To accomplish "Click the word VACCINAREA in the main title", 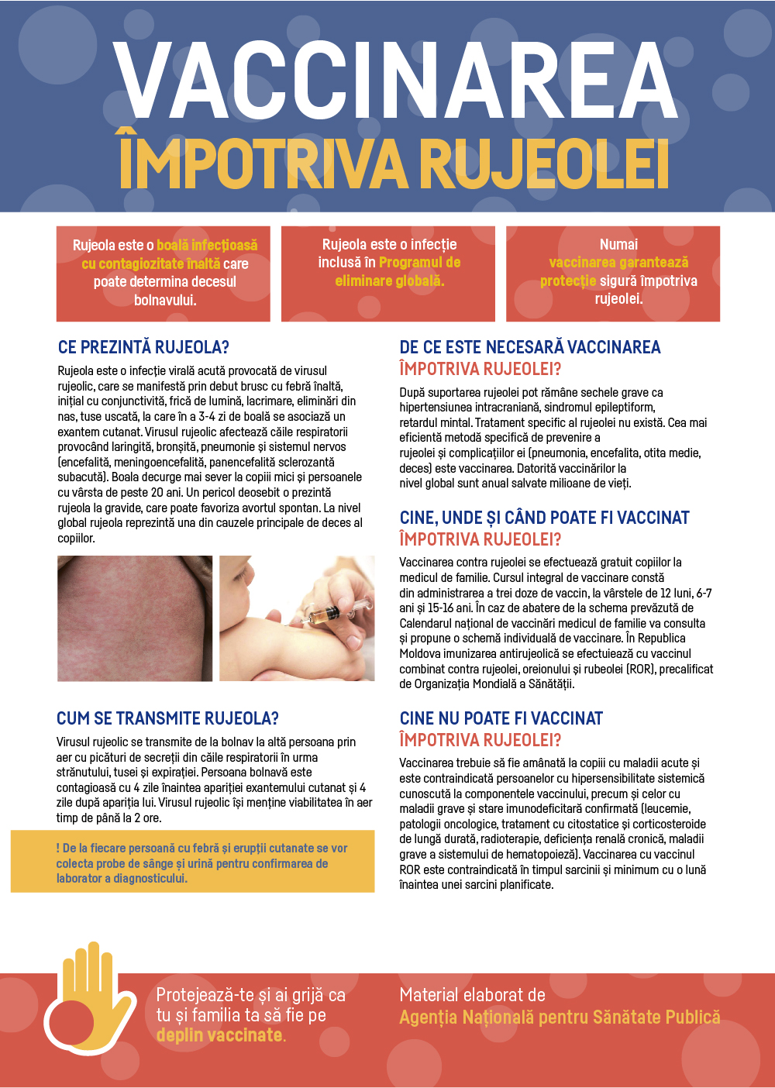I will tap(395, 81).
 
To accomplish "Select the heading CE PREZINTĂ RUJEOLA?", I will tap(143, 347).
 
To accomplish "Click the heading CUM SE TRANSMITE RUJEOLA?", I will tap(167, 718).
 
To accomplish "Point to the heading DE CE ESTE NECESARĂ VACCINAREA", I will tap(530, 347).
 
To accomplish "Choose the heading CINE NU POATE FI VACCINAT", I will tap(501, 718).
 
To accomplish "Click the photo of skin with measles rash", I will tap(135, 618).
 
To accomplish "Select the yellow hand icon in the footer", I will tap(91, 993).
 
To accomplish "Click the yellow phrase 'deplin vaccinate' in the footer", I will tap(220, 1035).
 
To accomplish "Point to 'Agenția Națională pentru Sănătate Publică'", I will tap(560, 1017).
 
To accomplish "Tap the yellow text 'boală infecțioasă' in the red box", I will tap(207, 246).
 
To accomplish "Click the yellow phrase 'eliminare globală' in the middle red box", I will tap(389, 281).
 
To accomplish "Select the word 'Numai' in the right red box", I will tap(618, 244).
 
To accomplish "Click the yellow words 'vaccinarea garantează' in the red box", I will tap(618, 263).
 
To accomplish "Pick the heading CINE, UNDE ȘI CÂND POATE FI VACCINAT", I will tap(544, 518).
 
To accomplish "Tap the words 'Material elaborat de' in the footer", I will tap(472, 995).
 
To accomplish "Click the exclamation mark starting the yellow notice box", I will tap(58, 849).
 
